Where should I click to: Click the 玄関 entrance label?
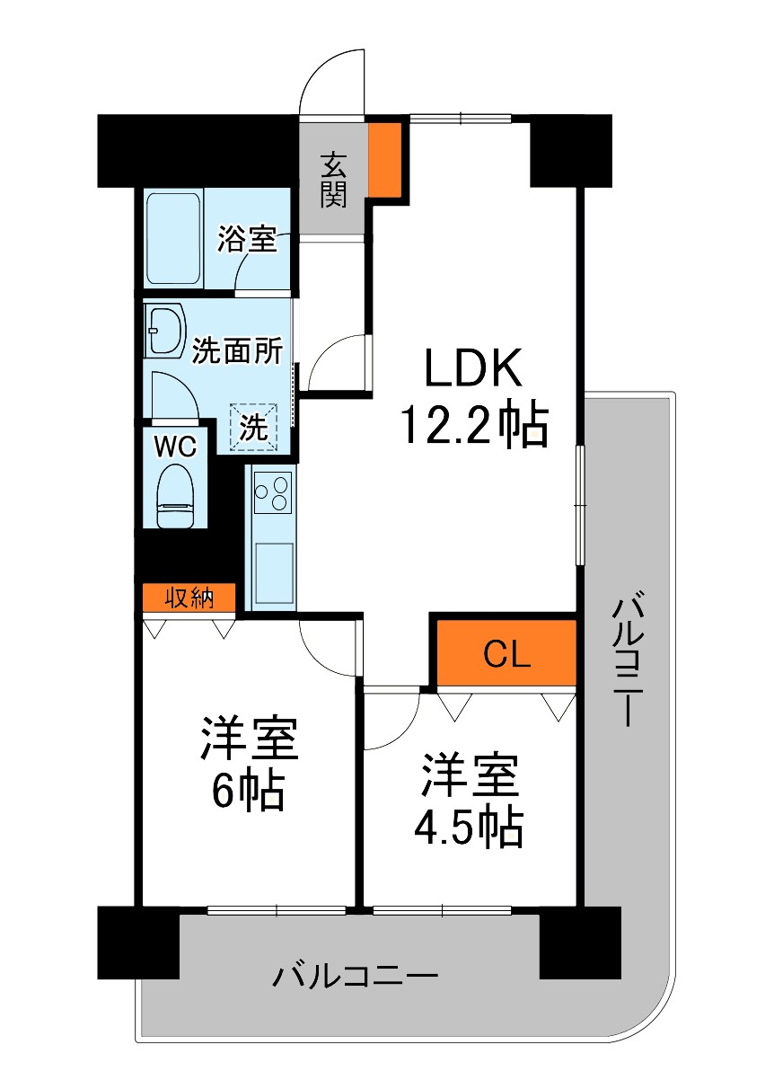pos(333,180)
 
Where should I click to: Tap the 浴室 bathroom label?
pos(247,238)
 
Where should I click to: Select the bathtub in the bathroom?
pos(173,238)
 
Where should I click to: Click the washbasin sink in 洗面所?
pos(166,331)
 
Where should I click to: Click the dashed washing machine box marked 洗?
pos(253,427)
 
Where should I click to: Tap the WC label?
pos(175,446)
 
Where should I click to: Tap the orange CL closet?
pos(506,652)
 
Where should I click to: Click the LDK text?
pos(473,367)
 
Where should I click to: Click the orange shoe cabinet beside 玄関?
pos(384,159)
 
